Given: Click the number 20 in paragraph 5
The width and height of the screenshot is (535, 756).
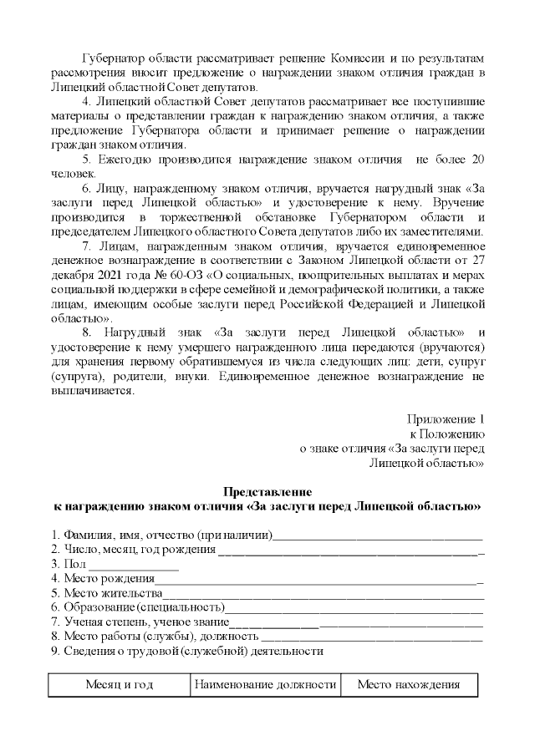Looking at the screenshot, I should point(476,159).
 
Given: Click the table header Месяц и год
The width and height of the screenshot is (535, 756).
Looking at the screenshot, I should point(119,685).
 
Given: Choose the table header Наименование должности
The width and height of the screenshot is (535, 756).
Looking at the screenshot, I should point(265,685).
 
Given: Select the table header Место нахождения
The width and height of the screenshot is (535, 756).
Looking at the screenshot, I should point(409,685).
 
